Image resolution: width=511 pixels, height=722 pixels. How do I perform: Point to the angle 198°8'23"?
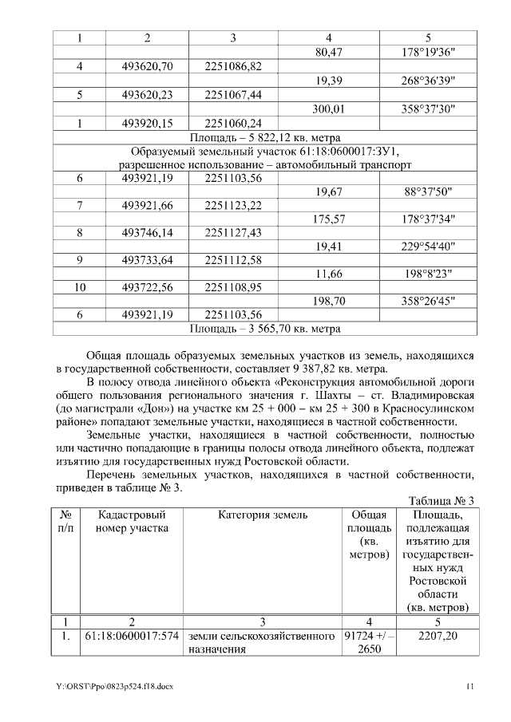(x=428, y=274)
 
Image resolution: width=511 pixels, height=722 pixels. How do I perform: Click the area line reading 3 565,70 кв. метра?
(x=265, y=327)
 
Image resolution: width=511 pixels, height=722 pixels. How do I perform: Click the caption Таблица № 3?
(x=442, y=500)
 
